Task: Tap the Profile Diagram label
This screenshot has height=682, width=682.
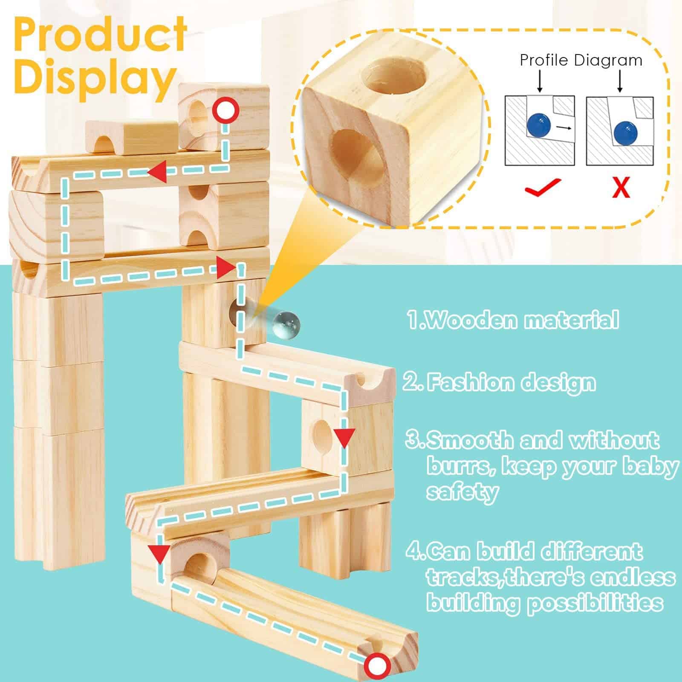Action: [x=581, y=61]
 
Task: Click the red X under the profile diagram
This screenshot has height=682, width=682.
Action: [x=621, y=188]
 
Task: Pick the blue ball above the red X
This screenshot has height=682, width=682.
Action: [x=624, y=131]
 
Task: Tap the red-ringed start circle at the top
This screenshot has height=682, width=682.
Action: [x=226, y=111]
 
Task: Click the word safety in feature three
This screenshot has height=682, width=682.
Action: [x=462, y=492]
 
